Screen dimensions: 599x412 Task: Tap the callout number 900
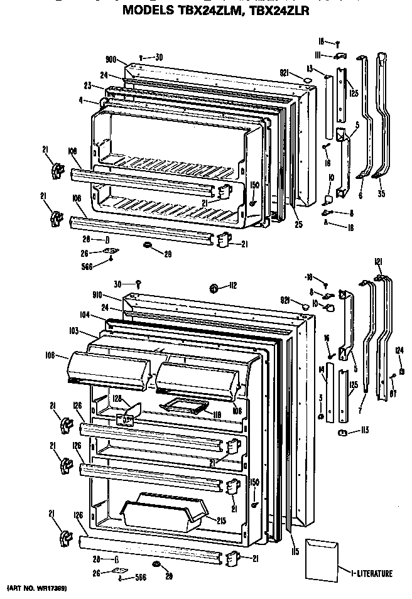112,60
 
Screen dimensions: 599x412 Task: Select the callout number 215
222,520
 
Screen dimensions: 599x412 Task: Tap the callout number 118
217,414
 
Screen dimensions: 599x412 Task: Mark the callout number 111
319,56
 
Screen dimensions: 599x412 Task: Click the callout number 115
294,552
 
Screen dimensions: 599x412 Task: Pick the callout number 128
116,399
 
